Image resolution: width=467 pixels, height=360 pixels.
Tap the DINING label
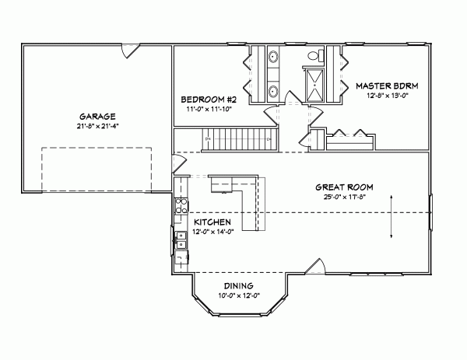click(239, 286)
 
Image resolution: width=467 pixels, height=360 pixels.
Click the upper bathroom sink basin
click(273, 57)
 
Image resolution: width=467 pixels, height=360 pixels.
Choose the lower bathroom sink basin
click(273, 91)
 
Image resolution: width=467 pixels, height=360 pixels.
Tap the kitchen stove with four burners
click(180, 206)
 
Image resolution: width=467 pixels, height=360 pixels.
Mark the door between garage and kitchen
click(178, 164)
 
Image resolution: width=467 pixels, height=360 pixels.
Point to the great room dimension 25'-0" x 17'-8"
click(344, 197)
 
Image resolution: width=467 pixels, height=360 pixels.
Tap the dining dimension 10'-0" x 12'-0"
click(239, 296)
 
